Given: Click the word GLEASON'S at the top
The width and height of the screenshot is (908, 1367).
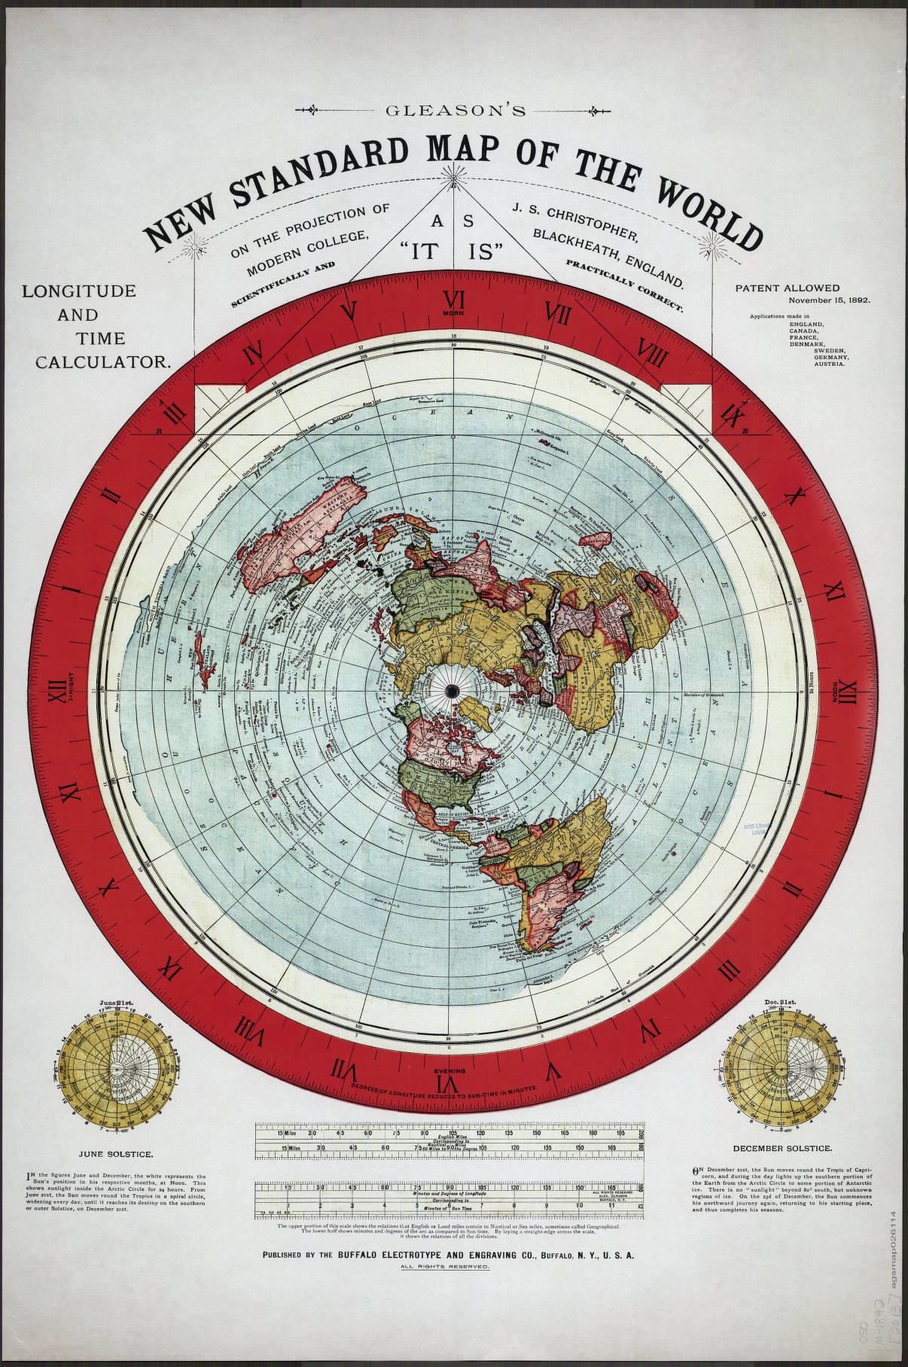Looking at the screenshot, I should pyautogui.click(x=454, y=111).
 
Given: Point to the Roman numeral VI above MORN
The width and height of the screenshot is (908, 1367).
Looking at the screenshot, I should pyautogui.click(x=454, y=297).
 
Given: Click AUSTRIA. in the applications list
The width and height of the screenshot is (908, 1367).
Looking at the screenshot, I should pyautogui.click(x=828, y=364).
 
